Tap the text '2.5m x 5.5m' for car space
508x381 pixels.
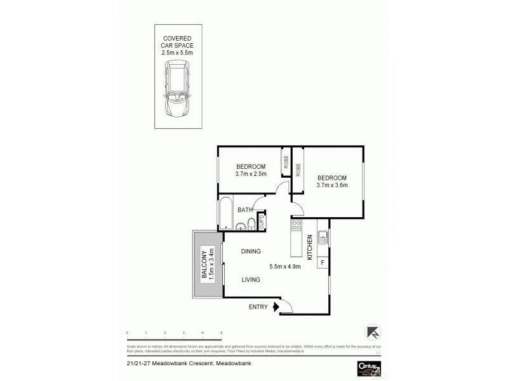pos(177,53)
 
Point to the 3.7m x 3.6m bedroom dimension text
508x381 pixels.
pos(332,185)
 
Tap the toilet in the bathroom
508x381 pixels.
pos(252,224)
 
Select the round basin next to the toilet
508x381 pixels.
pos(241,228)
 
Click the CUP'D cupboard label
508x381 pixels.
pos(261,222)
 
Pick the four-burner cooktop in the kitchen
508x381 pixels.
pos(296,225)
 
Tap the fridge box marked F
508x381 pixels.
pos(323,262)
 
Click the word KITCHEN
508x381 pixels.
pos(309,248)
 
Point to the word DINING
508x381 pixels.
pos(251,251)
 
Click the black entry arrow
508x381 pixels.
pos(276,307)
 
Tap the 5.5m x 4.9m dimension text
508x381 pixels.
pos(284,267)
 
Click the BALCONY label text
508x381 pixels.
pos(204,266)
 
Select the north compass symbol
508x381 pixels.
pos(373,331)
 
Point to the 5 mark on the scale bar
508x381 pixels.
pos(221,332)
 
